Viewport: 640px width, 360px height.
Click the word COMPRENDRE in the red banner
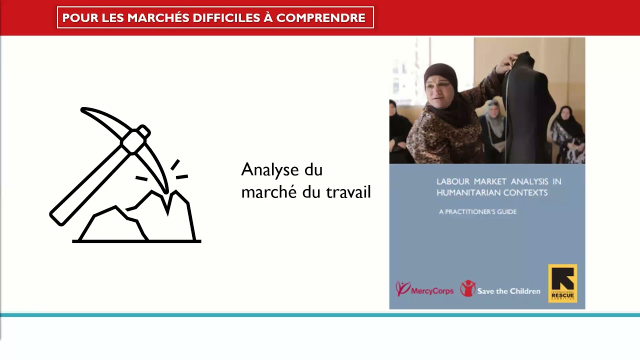point(320,18)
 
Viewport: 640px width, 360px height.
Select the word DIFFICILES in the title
point(224,18)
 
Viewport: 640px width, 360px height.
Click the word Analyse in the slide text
point(270,170)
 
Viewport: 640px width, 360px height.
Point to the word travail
point(348,192)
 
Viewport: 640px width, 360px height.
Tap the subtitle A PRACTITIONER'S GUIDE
point(477,211)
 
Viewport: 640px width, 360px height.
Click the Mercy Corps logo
point(424,289)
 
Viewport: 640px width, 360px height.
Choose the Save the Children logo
point(500,289)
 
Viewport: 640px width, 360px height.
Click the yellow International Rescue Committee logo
point(562,283)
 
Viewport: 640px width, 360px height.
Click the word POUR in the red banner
point(80,18)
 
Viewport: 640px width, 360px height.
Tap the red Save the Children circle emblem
point(467,288)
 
